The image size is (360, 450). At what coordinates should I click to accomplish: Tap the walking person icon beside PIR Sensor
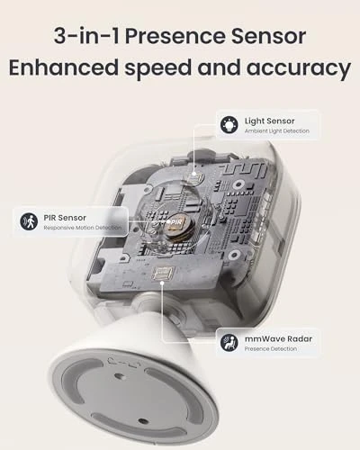[28, 220]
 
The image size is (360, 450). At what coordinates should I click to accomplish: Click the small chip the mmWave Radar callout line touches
[164, 274]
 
